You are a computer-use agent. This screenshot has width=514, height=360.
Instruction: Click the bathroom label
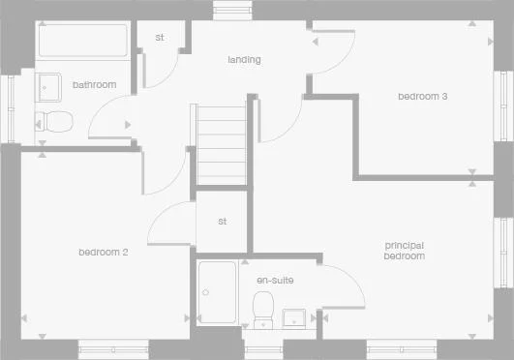[x=94, y=85]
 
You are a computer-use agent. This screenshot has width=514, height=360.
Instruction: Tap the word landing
[x=244, y=60]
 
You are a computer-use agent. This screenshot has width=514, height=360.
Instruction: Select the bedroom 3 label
[x=421, y=96]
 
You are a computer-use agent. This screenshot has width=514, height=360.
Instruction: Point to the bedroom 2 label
[x=104, y=253]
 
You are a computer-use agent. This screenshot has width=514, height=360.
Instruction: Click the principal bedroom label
[x=404, y=251]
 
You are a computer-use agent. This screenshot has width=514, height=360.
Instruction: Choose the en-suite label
[x=275, y=281]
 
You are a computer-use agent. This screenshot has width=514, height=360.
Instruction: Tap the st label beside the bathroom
[x=160, y=39]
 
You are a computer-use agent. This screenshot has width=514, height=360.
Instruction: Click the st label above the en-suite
[x=222, y=222]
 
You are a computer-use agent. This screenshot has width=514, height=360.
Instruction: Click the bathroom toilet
[x=54, y=122]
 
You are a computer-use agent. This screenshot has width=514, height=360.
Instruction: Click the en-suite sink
[x=294, y=318]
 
